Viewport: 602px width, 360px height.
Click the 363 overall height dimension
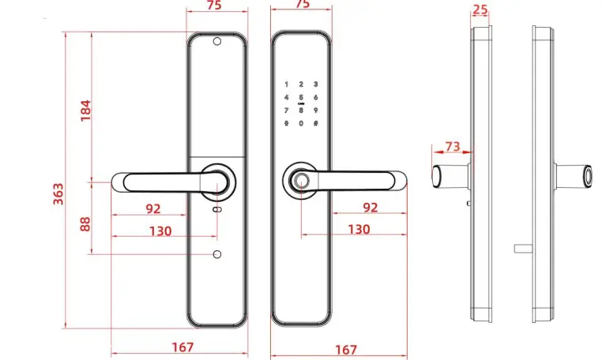[x=58, y=193]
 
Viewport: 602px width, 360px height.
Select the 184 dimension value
[x=85, y=111]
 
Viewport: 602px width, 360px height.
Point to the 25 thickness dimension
[x=480, y=9]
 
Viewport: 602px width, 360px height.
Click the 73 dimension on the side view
[x=452, y=146]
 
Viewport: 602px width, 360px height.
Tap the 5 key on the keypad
[x=300, y=97]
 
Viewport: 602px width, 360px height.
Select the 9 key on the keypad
[x=315, y=110]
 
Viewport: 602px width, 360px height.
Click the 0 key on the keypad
[x=300, y=123]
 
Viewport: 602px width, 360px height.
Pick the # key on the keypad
[x=315, y=123]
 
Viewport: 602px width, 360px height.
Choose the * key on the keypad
[x=285, y=123]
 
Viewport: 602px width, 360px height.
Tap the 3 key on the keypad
[x=315, y=84]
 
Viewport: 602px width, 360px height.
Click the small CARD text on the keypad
[x=300, y=103]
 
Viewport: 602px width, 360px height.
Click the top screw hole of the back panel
[x=217, y=42]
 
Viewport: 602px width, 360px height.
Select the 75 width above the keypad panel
[x=301, y=5]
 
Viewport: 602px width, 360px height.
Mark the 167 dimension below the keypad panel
[x=345, y=350]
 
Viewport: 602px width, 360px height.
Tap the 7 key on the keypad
[x=285, y=110]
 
